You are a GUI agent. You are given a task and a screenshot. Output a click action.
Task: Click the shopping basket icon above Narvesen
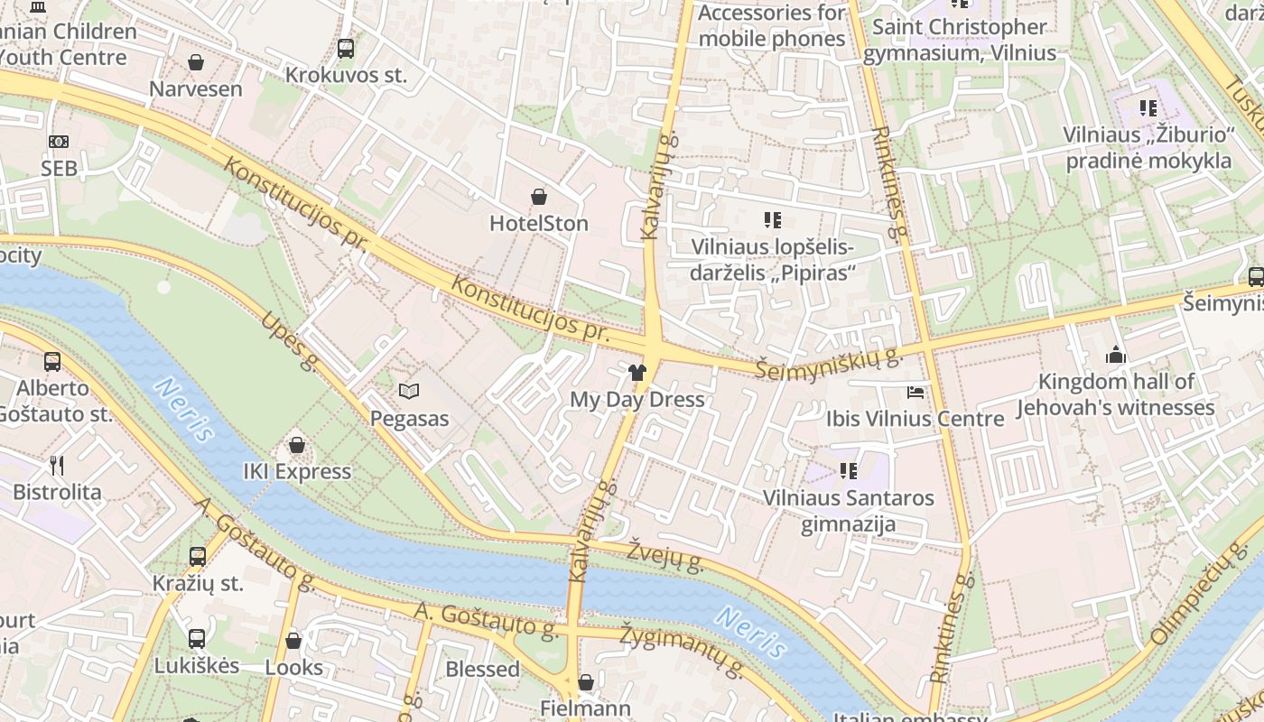(196, 62)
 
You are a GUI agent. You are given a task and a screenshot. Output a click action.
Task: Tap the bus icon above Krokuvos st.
(346, 49)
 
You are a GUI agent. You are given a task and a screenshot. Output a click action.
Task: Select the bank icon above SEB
(59, 142)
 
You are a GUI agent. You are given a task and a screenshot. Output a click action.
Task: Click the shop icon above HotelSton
(539, 197)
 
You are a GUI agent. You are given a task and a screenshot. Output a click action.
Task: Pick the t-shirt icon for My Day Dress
(637, 372)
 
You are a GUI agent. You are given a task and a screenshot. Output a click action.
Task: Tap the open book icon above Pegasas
(409, 392)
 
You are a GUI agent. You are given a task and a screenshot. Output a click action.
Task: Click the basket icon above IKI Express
(297, 445)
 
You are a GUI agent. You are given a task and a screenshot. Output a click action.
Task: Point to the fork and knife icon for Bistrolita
(57, 466)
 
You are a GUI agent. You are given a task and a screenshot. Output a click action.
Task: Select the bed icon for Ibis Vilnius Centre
(915, 393)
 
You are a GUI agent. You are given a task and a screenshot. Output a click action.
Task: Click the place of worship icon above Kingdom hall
(1116, 355)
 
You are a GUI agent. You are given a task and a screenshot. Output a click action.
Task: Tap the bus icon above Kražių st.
(198, 557)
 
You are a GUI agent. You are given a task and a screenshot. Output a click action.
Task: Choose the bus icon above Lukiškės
(197, 639)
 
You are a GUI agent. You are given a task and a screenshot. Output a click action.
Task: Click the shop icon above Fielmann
(585, 681)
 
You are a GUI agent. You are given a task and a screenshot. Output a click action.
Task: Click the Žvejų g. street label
(665, 556)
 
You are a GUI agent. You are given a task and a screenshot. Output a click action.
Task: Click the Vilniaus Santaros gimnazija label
(849, 511)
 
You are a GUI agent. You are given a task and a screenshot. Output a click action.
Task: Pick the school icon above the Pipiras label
(772, 219)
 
